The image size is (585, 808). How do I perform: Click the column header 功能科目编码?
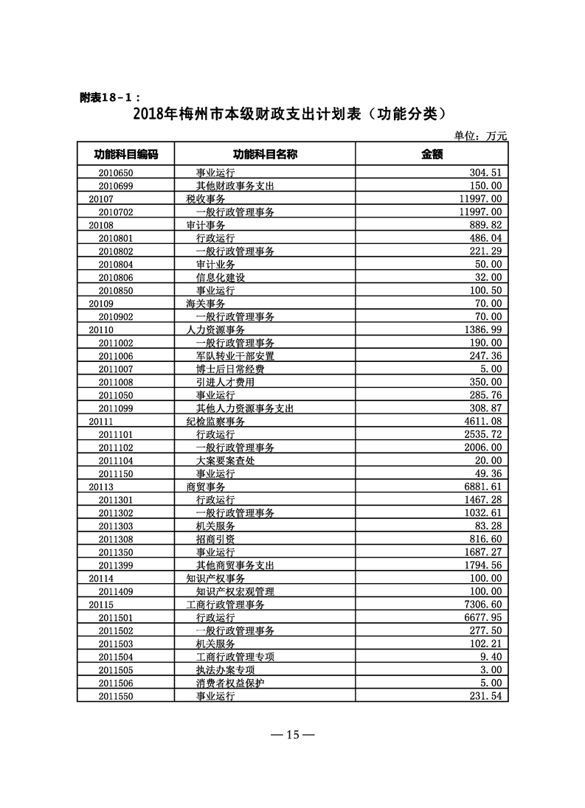(125, 154)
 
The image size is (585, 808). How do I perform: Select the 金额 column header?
(432, 154)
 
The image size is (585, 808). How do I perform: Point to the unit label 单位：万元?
(480, 136)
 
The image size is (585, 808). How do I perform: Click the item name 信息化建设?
(220, 277)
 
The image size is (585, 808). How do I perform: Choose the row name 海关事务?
(206, 303)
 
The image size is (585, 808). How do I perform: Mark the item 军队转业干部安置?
(235, 355)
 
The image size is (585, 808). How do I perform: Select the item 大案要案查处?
(225, 460)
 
